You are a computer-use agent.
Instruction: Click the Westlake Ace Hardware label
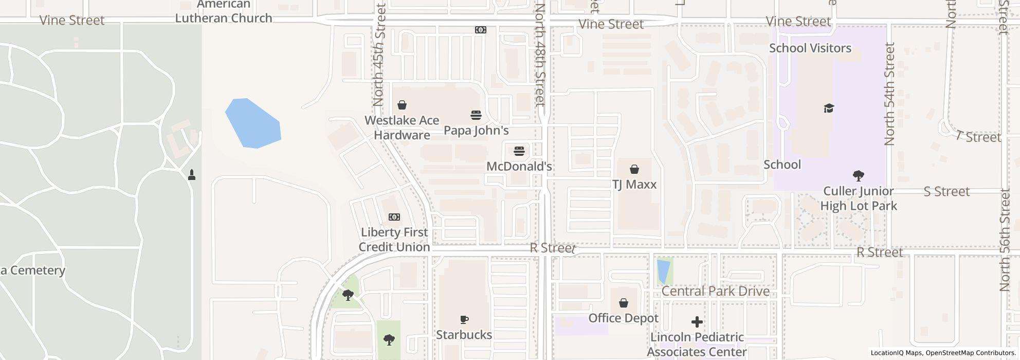(x=402, y=128)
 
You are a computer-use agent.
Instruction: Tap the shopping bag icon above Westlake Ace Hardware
(x=402, y=105)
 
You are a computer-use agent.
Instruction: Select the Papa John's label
(x=476, y=131)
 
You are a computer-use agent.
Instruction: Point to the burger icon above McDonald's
(x=519, y=151)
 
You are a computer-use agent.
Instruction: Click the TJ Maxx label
(x=634, y=185)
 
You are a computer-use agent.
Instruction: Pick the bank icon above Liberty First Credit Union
(x=394, y=217)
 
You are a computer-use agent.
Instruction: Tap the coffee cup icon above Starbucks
(x=464, y=320)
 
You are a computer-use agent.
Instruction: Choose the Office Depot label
(x=623, y=318)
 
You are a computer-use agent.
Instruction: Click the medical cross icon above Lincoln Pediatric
(x=697, y=322)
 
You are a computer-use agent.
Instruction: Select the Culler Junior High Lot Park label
(x=858, y=199)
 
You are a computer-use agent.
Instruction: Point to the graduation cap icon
(x=829, y=108)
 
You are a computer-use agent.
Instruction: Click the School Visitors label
(x=810, y=48)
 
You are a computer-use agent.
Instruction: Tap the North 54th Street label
(x=890, y=94)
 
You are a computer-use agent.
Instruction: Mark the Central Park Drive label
(x=715, y=292)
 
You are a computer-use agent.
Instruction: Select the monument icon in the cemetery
(x=192, y=175)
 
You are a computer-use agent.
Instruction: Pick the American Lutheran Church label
(x=224, y=12)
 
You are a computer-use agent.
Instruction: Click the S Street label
(x=946, y=192)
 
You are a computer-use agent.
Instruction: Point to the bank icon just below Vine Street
(x=480, y=30)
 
